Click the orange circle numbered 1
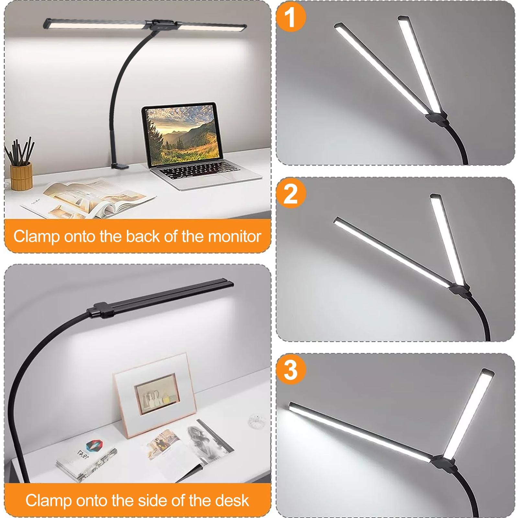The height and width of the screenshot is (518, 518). [x=291, y=17]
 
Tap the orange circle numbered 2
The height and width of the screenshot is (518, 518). [x=291, y=194]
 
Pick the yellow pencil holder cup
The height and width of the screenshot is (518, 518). [x=21, y=176]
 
